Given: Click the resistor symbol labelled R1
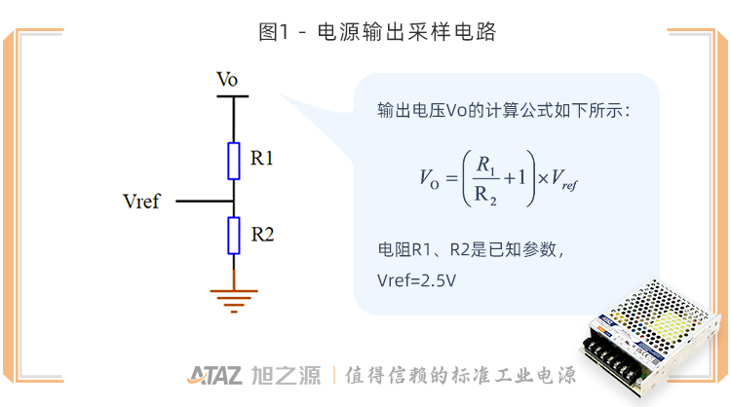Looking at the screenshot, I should click(234, 161).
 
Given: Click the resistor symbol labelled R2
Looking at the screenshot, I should click(234, 235).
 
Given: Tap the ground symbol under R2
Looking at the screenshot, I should click(234, 296).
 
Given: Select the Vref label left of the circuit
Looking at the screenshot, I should click(142, 202).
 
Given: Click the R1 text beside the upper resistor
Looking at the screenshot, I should click(262, 158).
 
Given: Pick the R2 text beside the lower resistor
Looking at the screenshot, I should click(262, 234).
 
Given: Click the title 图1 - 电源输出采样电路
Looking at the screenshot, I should click(365, 32).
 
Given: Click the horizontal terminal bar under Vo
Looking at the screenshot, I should click(234, 96).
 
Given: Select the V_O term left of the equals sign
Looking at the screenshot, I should click(430, 178).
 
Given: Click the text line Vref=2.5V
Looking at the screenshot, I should click(417, 280).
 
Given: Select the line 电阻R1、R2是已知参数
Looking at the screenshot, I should click(471, 248).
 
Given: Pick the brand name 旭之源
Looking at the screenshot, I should click(284, 376).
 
